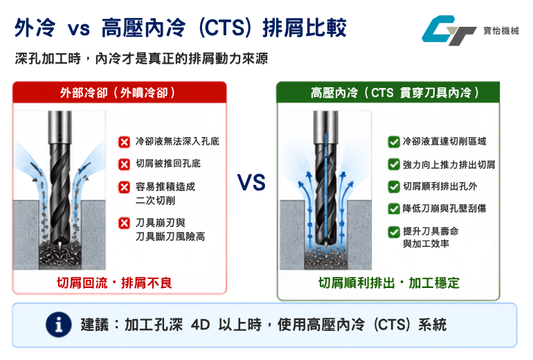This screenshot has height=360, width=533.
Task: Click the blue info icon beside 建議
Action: coord(59,324)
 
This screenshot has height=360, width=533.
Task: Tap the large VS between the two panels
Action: coord(251,183)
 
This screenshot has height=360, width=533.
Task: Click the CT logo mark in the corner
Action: coord(449,30)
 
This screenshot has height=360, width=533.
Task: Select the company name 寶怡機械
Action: coord(501,30)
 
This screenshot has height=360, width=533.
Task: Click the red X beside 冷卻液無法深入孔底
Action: coord(124,142)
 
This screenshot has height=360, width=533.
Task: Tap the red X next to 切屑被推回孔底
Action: coord(124,164)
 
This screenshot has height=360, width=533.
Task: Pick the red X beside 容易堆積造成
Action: coord(124,187)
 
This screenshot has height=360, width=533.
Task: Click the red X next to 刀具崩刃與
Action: coord(124,223)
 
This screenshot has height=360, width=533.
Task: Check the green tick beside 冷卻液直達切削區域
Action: coord(394,142)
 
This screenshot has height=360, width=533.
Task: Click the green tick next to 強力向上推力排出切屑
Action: coord(394,165)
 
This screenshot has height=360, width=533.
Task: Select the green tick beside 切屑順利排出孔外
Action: coord(394,187)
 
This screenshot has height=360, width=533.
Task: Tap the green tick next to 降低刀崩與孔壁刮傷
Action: coord(394,208)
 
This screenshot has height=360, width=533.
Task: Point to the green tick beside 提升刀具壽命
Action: coord(394,232)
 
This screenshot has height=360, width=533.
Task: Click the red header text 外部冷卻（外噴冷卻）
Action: coord(118,93)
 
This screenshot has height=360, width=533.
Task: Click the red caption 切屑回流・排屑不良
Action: coord(114,283)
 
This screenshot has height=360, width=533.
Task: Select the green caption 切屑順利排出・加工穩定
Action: coord(388,283)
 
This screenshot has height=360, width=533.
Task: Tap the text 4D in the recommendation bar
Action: coord(200,325)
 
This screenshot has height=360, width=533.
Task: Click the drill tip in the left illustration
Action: coord(60,245)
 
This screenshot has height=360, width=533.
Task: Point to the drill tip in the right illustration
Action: coord(325,244)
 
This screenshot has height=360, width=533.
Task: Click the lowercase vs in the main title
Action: coord(78,28)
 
